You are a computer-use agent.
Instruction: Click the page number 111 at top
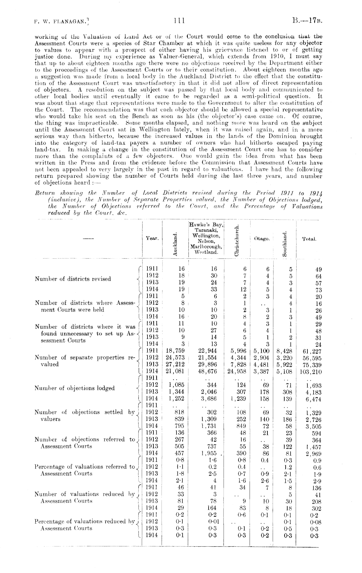(179, 21)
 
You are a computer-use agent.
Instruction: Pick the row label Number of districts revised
(73, 279)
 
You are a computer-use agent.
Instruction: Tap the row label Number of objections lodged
(75, 388)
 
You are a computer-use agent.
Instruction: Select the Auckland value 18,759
(175, 351)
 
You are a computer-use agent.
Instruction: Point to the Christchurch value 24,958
(238, 371)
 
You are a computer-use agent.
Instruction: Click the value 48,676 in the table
(208, 371)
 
